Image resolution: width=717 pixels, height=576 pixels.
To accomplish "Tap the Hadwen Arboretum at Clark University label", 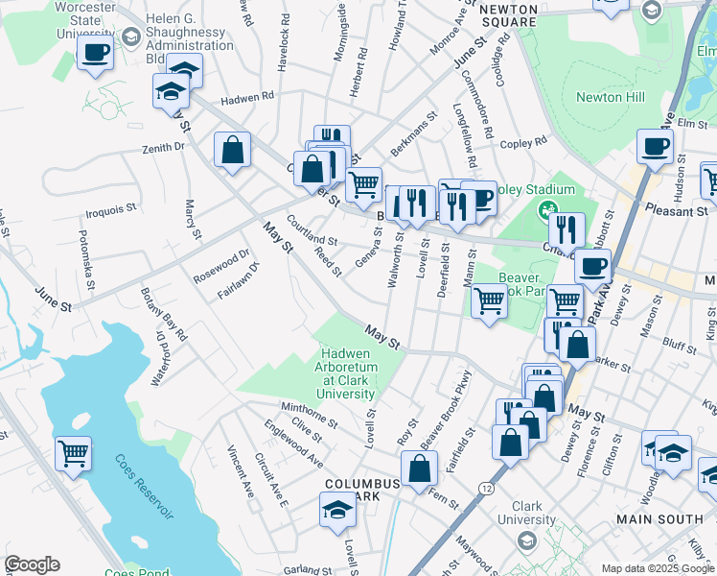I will [346, 374].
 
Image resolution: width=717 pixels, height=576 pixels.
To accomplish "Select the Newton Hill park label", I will [610, 97].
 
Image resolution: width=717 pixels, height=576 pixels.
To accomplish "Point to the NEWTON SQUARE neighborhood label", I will [508, 14].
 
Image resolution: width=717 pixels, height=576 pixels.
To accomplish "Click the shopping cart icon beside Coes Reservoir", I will [73, 452].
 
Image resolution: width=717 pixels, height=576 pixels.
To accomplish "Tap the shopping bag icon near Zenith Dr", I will [232, 150].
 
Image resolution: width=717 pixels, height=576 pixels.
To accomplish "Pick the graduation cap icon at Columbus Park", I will [337, 510].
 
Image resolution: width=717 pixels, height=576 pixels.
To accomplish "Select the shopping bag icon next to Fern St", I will [419, 469].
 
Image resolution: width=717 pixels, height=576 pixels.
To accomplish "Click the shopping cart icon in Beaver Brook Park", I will [490, 301].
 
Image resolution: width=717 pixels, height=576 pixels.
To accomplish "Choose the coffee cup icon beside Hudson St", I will [655, 147].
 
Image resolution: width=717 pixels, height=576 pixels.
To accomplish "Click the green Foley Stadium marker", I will [547, 209].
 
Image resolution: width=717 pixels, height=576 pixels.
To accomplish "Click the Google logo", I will [32, 564].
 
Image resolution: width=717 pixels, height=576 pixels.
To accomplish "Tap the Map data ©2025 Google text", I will [657, 568].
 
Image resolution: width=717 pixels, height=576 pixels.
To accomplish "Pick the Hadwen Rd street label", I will [247, 97].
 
